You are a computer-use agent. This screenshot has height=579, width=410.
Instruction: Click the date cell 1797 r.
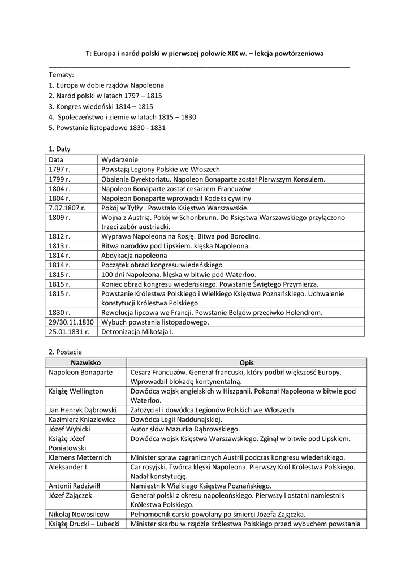59,169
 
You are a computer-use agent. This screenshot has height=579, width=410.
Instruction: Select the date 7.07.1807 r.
67,208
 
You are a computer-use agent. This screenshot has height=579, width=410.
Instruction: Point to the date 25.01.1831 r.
69,332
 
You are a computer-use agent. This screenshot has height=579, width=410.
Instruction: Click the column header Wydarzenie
119,159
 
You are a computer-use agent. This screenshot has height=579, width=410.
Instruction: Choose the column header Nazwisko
85,362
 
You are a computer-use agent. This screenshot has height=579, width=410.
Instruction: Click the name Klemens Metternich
80,457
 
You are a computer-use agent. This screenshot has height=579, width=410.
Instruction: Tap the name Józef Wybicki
70,429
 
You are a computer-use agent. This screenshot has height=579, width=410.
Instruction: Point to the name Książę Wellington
76,391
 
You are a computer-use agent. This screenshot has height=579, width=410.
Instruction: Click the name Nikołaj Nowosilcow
79,515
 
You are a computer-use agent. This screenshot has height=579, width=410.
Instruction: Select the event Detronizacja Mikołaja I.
137,332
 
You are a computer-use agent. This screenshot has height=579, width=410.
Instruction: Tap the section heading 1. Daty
59,149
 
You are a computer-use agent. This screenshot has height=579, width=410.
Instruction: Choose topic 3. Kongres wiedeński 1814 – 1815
101,106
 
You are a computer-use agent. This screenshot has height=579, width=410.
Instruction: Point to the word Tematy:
61,74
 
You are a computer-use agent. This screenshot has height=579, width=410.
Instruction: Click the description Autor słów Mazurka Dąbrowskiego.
185,429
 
